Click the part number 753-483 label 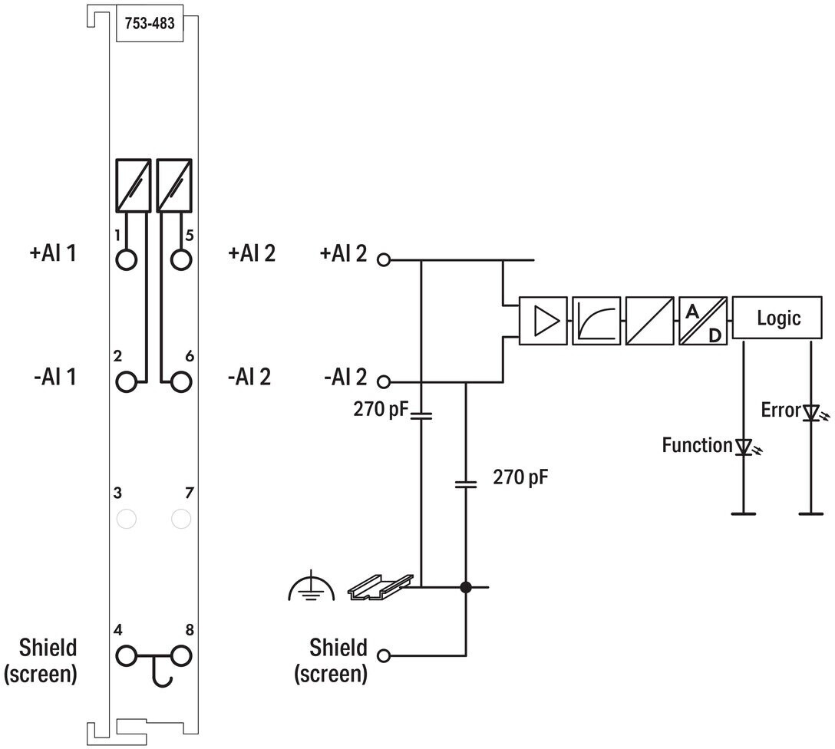click(x=150, y=24)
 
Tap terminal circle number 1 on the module click(x=126, y=260)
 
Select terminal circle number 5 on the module click(x=181, y=260)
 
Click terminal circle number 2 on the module click(x=126, y=381)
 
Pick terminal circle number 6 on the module click(x=181, y=381)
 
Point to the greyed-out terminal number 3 click(x=126, y=519)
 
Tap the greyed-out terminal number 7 click(x=181, y=519)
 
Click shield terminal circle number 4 click(x=126, y=656)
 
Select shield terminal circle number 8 click(x=181, y=656)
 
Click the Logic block click(x=777, y=318)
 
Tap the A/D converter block click(x=703, y=321)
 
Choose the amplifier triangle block click(x=543, y=321)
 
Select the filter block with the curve click(x=596, y=321)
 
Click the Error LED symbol click(x=813, y=413)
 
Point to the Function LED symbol click(x=745, y=447)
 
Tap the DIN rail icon click(x=380, y=586)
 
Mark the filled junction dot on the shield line click(x=466, y=587)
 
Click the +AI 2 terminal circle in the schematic click(x=384, y=260)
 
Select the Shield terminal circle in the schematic click(x=384, y=656)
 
